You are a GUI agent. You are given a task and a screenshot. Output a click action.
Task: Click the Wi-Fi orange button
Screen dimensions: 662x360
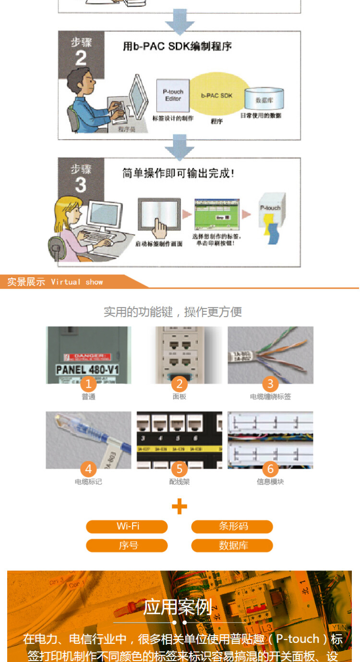click(x=127, y=526)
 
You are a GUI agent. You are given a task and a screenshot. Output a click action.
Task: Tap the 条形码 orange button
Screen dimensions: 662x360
click(x=232, y=526)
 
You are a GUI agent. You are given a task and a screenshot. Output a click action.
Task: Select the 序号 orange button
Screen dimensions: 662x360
click(x=127, y=545)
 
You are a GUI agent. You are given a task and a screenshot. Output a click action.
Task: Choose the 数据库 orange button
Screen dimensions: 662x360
click(x=232, y=545)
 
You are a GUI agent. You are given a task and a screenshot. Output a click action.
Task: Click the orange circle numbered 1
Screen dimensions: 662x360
click(x=88, y=384)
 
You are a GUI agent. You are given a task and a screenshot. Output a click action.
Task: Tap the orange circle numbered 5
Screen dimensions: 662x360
click(x=180, y=469)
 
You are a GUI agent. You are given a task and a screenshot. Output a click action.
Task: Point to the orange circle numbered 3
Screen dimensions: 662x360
click(x=270, y=384)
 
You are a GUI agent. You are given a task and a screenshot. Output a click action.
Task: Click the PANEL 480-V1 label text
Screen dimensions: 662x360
click(x=88, y=369)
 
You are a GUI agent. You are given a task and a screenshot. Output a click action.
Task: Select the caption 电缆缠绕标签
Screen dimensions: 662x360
click(x=270, y=397)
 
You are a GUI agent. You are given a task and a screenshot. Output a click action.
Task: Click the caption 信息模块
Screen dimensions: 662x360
click(x=270, y=482)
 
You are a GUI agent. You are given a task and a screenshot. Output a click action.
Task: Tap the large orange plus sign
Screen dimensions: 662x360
click(x=180, y=506)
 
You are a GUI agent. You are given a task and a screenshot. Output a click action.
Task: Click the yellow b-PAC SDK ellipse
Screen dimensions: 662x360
click(x=216, y=96)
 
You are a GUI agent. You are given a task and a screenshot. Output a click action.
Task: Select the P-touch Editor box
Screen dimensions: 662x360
click(x=173, y=95)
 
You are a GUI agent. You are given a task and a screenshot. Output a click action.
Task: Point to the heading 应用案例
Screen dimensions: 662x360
click(x=178, y=607)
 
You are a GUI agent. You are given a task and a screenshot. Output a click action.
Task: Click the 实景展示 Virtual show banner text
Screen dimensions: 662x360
click(x=55, y=282)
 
